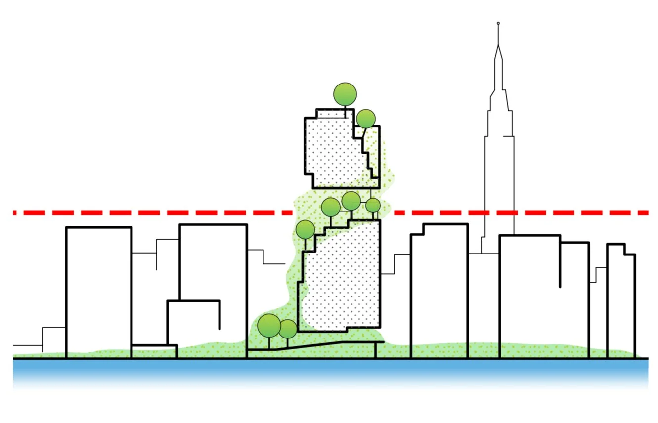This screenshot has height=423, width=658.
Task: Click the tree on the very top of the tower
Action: tap(345, 93)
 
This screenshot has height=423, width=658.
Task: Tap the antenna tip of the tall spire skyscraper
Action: tap(498, 23)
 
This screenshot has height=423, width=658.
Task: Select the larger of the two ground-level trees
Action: tap(269, 325)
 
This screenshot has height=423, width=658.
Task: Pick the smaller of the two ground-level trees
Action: tap(288, 328)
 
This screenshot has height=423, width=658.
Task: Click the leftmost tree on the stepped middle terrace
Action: tap(306, 229)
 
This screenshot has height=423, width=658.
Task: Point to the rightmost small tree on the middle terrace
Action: tap(373, 205)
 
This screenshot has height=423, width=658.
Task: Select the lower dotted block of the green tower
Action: tap(341, 277)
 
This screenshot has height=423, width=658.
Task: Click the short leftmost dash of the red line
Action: tap(15, 212)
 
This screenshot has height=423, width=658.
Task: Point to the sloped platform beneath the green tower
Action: tap(316, 345)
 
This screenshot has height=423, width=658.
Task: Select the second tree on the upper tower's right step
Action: tap(366, 119)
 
